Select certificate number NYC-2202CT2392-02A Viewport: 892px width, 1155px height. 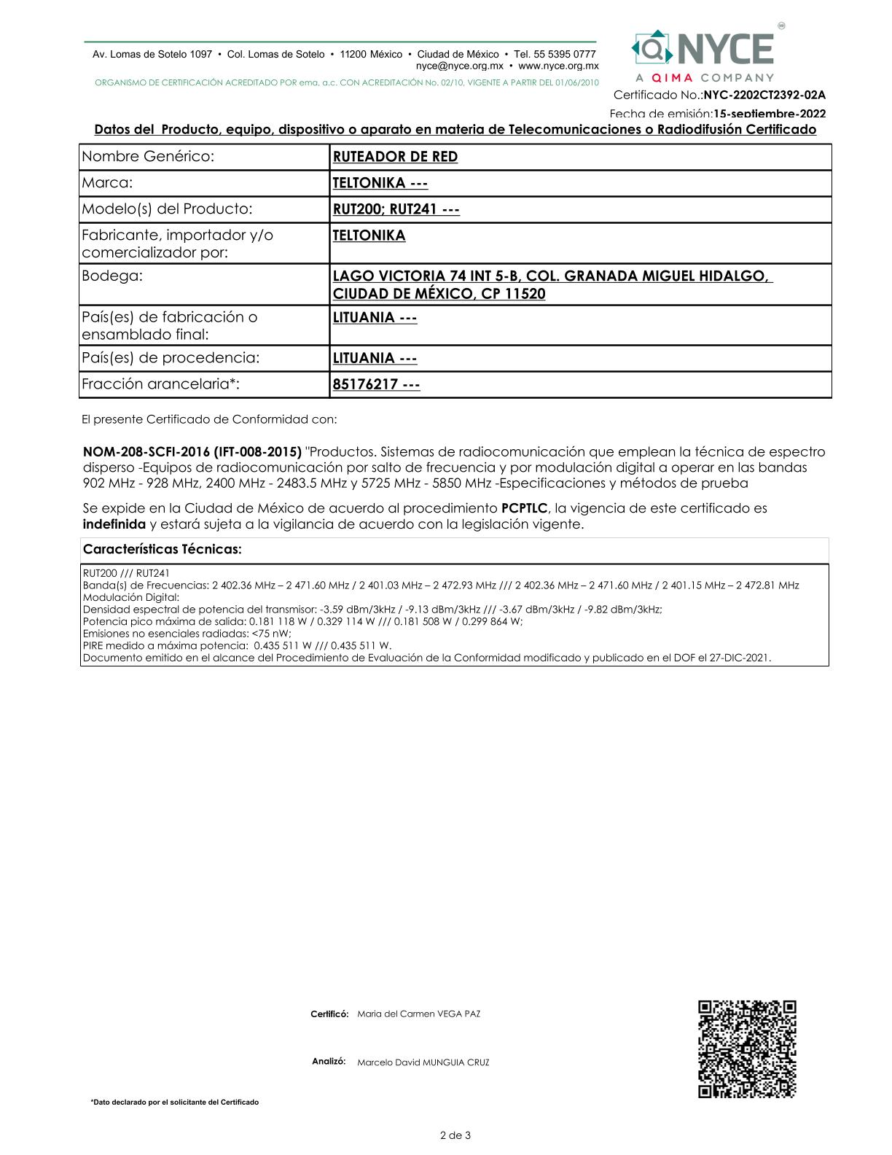(x=764, y=95)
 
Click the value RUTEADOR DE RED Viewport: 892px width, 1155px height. (x=395, y=157)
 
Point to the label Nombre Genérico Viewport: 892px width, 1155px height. (x=148, y=157)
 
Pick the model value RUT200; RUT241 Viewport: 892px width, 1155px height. (x=396, y=209)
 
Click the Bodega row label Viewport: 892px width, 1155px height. (x=112, y=276)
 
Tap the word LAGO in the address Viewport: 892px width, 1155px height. (x=351, y=276)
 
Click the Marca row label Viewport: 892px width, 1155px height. (x=107, y=183)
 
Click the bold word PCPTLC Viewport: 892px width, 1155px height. (x=524, y=508)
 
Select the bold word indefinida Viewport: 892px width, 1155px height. (x=114, y=524)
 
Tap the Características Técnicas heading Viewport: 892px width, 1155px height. (x=162, y=549)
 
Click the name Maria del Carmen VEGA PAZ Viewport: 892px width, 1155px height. (x=418, y=1014)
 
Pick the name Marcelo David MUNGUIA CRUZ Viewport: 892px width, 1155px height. (x=423, y=1062)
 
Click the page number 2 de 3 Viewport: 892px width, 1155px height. (x=455, y=1135)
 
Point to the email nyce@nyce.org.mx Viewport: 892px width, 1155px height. (x=459, y=66)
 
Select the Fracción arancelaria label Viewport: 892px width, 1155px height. (x=160, y=384)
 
